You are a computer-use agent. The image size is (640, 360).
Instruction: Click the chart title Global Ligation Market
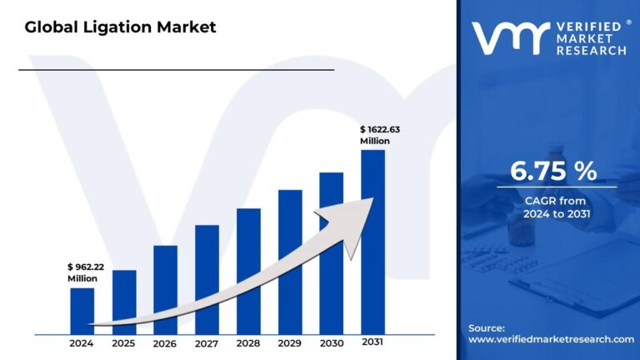pyautogui.click(x=120, y=27)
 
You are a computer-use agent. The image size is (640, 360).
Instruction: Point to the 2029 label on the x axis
pyautogui.click(x=290, y=343)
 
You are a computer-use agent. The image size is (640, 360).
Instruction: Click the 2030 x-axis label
pyautogui.click(x=332, y=343)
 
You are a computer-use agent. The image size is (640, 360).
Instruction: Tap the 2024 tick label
pyautogui.click(x=82, y=343)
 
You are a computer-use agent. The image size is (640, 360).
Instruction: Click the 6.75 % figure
pyautogui.click(x=553, y=172)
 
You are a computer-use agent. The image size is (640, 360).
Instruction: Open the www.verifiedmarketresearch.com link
pyautogui.click(x=551, y=339)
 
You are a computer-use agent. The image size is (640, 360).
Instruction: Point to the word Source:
pyautogui.click(x=487, y=327)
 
